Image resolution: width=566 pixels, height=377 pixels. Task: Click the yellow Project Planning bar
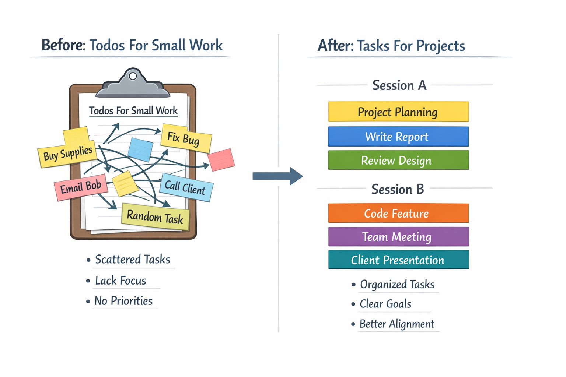point(398,112)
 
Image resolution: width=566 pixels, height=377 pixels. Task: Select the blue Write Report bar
point(398,137)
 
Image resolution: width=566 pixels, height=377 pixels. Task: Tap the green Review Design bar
point(398,160)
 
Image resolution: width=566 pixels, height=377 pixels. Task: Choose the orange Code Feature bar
point(398,213)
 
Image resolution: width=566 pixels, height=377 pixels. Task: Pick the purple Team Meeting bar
point(398,236)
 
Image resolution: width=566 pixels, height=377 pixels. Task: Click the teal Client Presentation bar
point(398,260)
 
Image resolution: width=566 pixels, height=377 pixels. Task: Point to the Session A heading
point(399,85)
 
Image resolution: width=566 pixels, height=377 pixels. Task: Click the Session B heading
point(398,189)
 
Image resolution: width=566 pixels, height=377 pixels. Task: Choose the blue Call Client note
point(186,187)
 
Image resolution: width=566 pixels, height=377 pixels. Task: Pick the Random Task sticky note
point(155,217)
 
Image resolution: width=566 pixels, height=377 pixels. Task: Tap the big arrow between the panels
point(277,176)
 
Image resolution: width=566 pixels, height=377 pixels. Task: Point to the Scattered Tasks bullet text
point(132,260)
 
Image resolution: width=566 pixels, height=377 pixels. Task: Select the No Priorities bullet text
point(123,301)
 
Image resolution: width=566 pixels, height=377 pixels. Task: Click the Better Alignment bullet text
point(397,324)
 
